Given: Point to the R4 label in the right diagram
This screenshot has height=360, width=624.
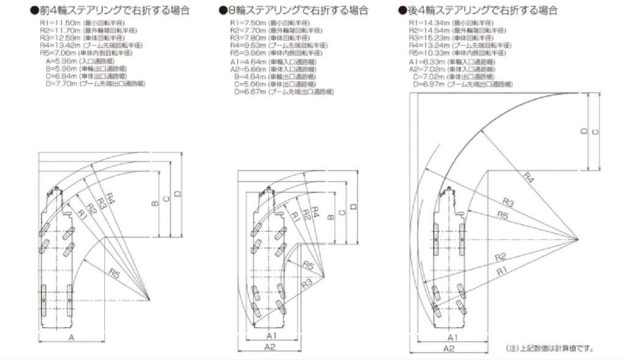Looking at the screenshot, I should click(528, 176).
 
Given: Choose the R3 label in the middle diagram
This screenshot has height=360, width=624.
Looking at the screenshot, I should click(307, 282).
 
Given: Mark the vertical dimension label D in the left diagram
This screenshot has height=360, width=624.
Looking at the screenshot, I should click(177, 194).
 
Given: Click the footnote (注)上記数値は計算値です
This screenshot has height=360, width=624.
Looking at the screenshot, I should click(550, 348).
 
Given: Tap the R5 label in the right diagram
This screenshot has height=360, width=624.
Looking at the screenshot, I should click(503, 215).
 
